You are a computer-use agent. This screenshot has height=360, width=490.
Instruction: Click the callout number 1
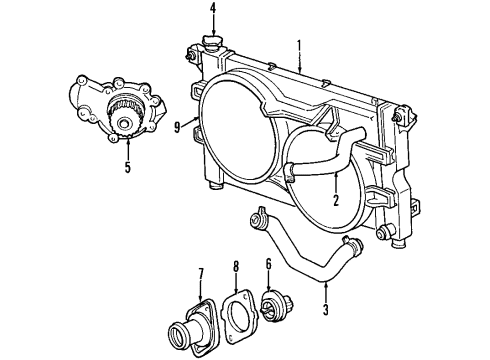299,44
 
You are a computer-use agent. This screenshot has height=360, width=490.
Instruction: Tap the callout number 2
337,198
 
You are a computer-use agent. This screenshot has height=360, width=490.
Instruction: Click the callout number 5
127,167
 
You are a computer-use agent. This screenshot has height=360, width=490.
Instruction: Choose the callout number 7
200,273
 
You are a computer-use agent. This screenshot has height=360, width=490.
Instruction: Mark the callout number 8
236,267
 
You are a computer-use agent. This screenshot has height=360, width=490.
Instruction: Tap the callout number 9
177,127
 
